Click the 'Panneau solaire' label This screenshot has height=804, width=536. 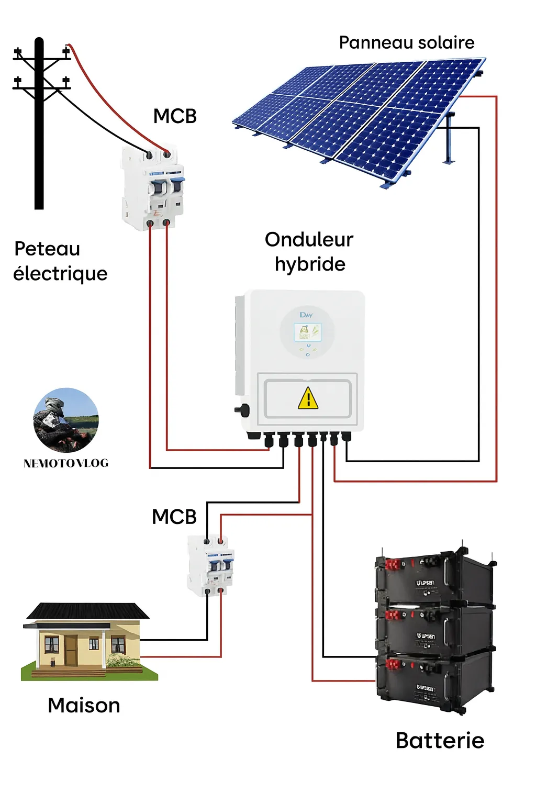(x=406, y=42)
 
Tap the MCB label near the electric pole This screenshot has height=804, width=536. (x=175, y=116)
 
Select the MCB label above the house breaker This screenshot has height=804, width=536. (x=174, y=517)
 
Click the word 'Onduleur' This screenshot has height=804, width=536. (x=309, y=240)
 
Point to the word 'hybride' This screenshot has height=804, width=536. (x=310, y=264)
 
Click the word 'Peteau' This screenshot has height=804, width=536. (x=47, y=249)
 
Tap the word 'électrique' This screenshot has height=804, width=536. (x=60, y=274)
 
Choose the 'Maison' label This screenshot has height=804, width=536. (x=84, y=705)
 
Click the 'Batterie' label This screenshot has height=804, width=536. (x=440, y=740)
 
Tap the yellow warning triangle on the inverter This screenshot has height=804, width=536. (x=308, y=398)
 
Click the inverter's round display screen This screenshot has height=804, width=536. (x=307, y=332)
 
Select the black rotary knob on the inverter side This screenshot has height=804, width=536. (x=242, y=409)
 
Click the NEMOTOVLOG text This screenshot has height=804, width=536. (x=66, y=463)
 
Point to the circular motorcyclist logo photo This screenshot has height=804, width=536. (x=66, y=420)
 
